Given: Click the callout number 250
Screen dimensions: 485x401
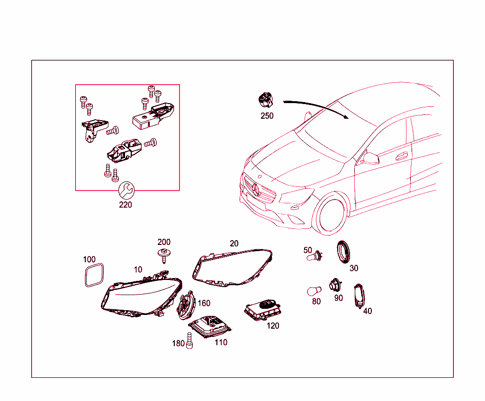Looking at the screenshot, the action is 267,116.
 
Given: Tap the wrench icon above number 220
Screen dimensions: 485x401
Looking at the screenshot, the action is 126,190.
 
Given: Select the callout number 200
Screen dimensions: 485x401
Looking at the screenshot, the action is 164,242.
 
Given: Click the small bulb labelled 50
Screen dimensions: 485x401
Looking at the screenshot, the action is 315,256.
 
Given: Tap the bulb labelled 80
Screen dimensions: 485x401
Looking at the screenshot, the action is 314,291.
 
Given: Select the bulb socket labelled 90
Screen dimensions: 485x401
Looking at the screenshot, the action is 335,284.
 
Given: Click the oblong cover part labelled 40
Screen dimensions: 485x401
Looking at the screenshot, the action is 359,296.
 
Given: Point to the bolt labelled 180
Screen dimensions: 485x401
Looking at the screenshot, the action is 189,341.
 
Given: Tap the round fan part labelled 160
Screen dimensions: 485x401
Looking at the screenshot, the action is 186,305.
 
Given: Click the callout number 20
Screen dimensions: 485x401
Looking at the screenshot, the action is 234,244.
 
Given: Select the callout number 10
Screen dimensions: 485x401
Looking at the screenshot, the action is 138,270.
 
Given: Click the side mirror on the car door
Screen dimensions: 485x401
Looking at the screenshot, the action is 371,158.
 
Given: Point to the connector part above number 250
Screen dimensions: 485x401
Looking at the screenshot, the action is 266,99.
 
